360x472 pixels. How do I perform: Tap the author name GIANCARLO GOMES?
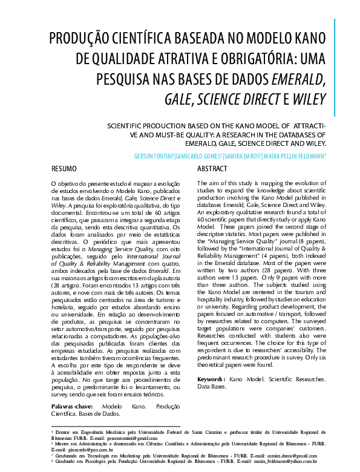point(197,156)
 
